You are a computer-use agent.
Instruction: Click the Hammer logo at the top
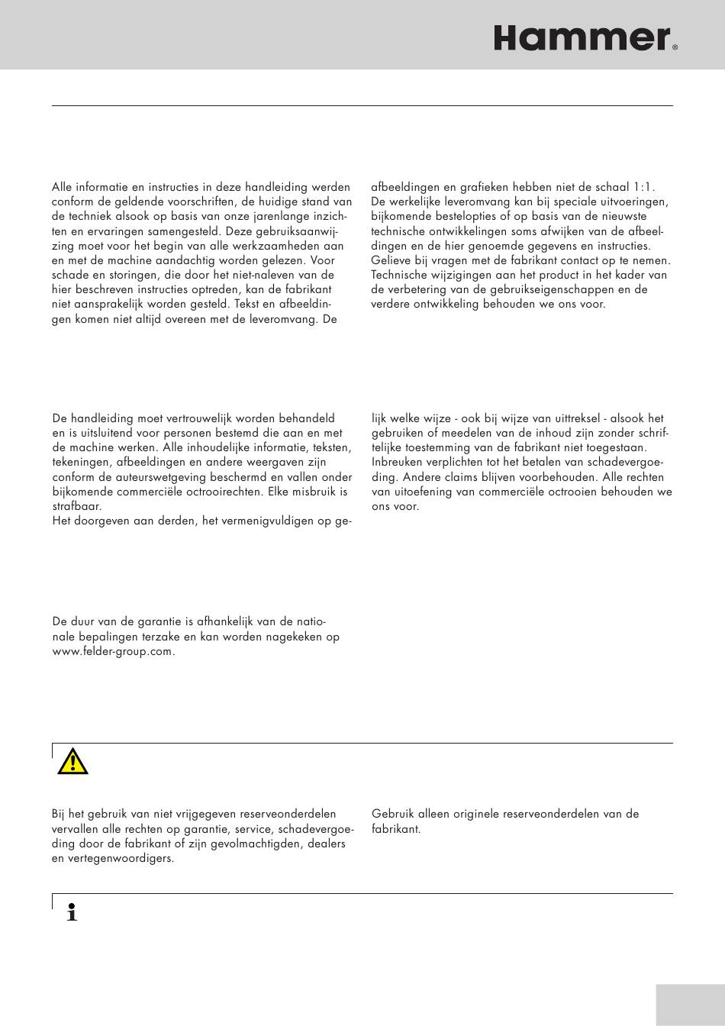click(582, 37)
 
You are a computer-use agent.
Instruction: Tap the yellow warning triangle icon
click(72, 761)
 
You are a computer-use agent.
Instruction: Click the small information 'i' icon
click(72, 911)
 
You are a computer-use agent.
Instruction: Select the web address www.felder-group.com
click(113, 651)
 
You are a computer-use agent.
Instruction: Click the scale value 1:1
click(641, 187)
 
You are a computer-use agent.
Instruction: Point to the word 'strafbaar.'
click(77, 506)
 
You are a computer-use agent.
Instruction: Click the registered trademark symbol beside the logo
click(675, 47)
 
